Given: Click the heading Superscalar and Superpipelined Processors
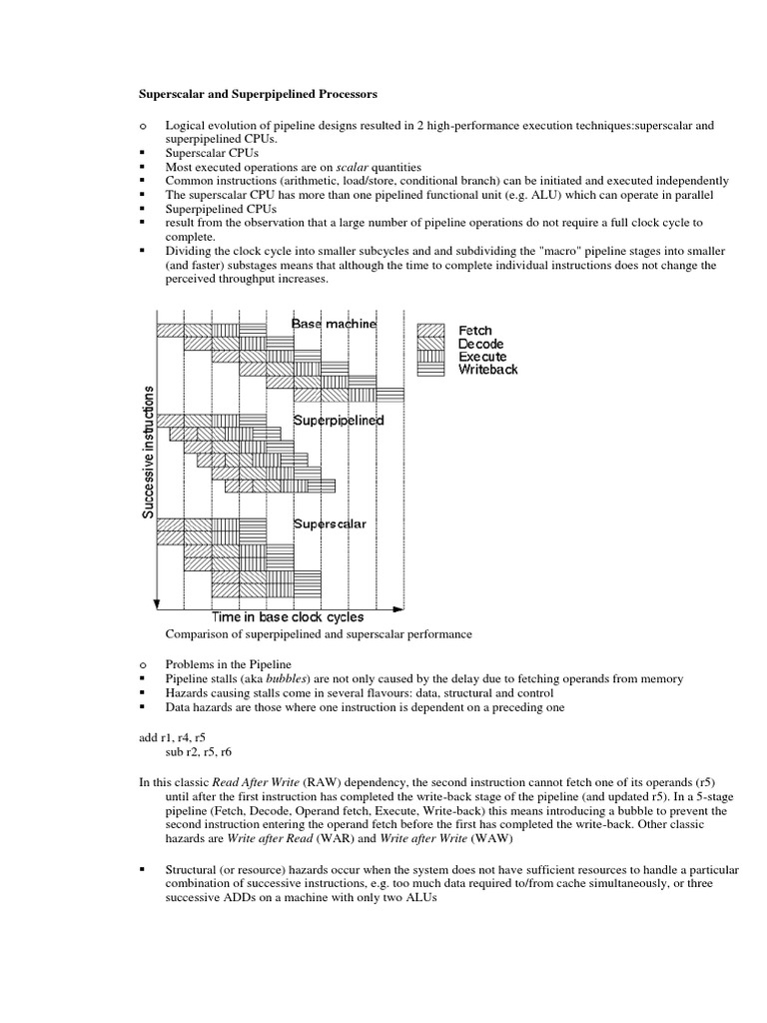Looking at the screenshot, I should (258, 95).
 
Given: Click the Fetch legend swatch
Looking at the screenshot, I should (430, 331).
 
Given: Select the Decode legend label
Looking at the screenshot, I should (482, 344).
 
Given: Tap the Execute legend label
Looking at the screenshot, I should (482, 357).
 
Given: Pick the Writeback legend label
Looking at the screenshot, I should (488, 370).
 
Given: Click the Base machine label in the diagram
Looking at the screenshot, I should (335, 324).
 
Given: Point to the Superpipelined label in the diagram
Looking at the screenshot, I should (339, 421).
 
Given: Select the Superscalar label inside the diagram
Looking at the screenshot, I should (330, 523).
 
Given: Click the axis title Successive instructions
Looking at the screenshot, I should (148, 451).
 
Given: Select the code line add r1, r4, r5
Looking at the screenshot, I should (171, 736).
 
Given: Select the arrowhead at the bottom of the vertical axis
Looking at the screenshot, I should (156, 603).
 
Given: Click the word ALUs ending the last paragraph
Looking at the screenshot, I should (420, 898).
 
